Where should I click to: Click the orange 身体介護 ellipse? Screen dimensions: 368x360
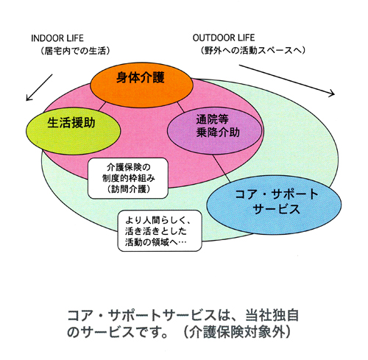click(142, 85)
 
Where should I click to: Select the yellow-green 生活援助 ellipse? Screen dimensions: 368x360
click(74, 131)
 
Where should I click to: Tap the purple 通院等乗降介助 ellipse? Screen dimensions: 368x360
click(215, 130)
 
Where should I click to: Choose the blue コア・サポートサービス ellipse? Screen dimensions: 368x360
click(274, 205)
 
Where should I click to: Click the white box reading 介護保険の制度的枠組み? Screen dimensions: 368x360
click(128, 178)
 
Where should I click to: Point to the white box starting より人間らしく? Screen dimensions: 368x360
click(160, 231)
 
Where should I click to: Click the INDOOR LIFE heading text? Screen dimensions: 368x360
click(57, 38)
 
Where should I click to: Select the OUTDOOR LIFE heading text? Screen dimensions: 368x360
click(224, 38)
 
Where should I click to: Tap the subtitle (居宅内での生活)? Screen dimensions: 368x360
click(75, 51)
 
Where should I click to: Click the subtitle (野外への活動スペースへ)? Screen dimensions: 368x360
click(252, 50)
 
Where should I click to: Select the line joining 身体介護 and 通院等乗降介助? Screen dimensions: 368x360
click(180, 107)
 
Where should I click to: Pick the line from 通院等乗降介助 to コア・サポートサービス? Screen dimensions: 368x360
click(221, 169)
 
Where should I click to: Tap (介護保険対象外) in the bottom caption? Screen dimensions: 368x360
click(237, 333)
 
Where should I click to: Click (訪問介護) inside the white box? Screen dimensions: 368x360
click(129, 189)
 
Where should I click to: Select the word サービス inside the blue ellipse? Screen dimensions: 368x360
click(276, 209)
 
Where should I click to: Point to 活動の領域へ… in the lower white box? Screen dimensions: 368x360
click(155, 242)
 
